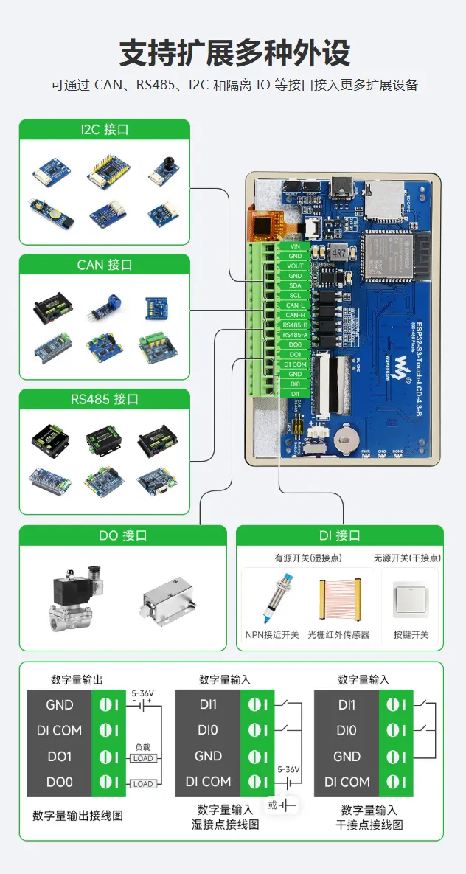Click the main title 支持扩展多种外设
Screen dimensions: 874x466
pyautogui.click(x=234, y=54)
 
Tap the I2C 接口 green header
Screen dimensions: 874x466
pyautogui.click(x=104, y=130)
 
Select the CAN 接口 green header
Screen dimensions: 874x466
pyautogui.click(x=104, y=265)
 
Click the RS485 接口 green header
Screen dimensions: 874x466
pyautogui.click(x=104, y=400)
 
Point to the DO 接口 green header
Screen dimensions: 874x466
pyautogui.click(x=122, y=535)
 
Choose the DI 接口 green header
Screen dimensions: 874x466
pyautogui.click(x=339, y=535)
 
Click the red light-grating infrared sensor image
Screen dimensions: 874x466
pyautogui.click(x=338, y=600)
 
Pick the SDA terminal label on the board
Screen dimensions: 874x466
pyautogui.click(x=295, y=285)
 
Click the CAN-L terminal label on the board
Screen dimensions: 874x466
pyautogui.click(x=295, y=305)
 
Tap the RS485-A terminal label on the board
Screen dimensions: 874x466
pyautogui.click(x=295, y=335)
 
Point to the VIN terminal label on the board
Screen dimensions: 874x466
pyautogui.click(x=295, y=246)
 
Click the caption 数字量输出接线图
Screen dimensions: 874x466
pyautogui.click(x=77, y=816)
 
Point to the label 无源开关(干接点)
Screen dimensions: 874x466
pyautogui.click(x=409, y=558)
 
